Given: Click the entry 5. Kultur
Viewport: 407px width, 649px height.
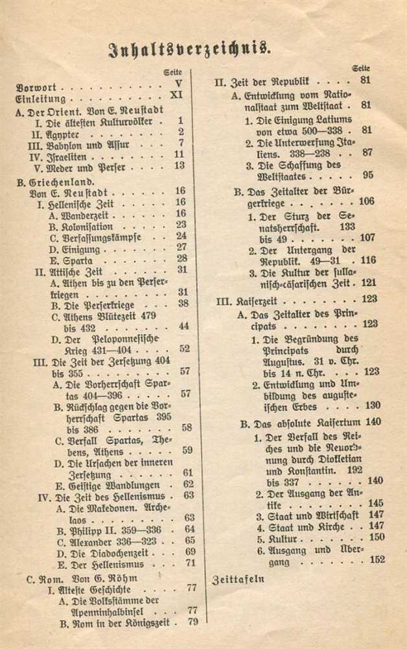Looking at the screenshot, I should pos(270,537).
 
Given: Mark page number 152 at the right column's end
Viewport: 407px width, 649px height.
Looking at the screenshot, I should pos(377,559).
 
